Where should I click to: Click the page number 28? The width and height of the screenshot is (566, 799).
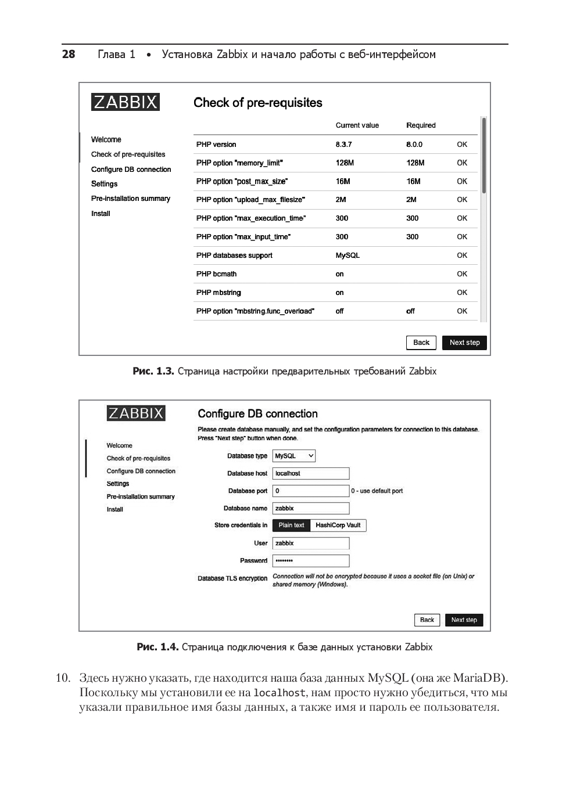coord(69,55)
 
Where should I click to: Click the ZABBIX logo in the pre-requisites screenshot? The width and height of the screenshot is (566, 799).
coord(126,102)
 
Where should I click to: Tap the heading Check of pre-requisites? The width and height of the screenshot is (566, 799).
coord(257,103)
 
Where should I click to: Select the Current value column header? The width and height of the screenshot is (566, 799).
coord(357,125)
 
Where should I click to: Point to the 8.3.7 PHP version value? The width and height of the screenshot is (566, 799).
coord(343,145)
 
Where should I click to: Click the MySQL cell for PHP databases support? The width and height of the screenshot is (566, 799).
coord(348,255)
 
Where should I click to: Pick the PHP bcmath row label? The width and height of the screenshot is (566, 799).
coord(216,274)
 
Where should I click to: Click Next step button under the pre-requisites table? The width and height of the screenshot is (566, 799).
coord(464,343)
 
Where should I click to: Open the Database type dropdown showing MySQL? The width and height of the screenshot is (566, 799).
coord(294,456)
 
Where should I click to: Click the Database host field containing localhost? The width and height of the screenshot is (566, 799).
coord(311,474)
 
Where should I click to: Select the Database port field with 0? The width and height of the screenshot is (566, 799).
coord(311,491)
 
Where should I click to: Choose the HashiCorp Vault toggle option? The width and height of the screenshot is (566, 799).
coord(338,526)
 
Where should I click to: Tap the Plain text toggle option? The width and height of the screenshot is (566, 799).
coord(291,526)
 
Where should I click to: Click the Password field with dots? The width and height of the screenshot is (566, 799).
coord(311,561)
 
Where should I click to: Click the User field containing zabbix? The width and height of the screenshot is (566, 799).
coord(311,544)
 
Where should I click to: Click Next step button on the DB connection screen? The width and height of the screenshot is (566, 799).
coord(464,620)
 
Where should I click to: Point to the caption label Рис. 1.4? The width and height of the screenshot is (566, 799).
coord(157,647)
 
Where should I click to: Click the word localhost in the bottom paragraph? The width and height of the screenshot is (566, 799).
coord(280,693)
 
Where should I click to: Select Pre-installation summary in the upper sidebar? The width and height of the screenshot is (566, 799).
coord(131,199)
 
